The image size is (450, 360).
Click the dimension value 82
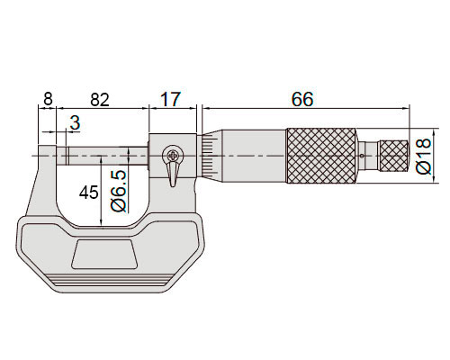pos(100,100)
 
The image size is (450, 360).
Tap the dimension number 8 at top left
pos(48,99)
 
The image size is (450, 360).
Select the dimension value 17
pos(171,99)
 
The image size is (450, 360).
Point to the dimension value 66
pos(302,99)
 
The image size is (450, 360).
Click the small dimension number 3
pos(75,123)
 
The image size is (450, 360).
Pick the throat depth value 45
pos(88,193)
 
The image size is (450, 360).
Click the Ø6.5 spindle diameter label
pos(119,192)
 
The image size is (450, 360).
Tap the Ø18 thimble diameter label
pos(424,156)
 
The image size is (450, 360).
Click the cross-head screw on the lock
pos(173,156)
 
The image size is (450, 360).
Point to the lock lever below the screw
pos(172,175)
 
